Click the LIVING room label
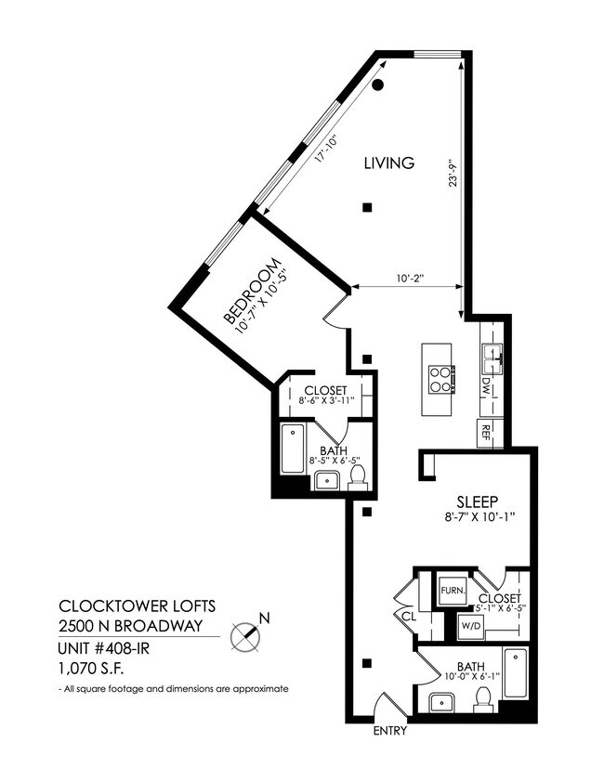(x=387, y=163)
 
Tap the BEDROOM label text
(x=251, y=291)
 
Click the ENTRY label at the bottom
(x=390, y=732)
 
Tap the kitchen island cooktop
(x=441, y=379)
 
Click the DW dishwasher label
(x=485, y=384)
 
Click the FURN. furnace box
(x=452, y=590)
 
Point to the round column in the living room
(x=378, y=85)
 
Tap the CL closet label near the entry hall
(x=408, y=615)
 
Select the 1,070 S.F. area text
(x=91, y=668)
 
